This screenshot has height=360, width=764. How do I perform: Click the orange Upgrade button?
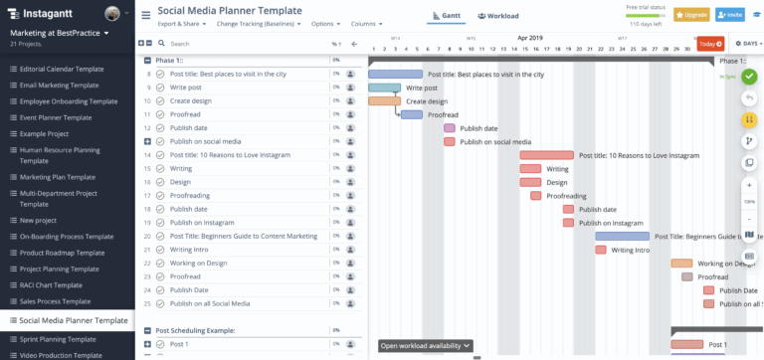click(691, 15)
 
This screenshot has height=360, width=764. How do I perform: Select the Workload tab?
click(497, 16)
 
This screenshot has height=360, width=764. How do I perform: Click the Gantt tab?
click(443, 16)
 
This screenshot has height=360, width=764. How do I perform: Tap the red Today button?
click(710, 44)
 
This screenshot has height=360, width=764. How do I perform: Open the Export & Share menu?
click(181, 23)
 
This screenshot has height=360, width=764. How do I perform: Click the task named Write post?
click(186, 88)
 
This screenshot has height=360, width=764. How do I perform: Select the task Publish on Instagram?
click(202, 223)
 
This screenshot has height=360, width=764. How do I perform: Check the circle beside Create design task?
click(160, 101)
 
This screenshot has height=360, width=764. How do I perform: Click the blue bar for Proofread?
click(412, 114)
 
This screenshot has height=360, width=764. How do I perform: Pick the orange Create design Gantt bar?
click(384, 101)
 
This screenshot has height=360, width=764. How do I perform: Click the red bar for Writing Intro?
click(601, 250)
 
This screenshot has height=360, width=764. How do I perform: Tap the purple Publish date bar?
click(450, 128)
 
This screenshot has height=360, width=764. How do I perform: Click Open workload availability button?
click(426, 346)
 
